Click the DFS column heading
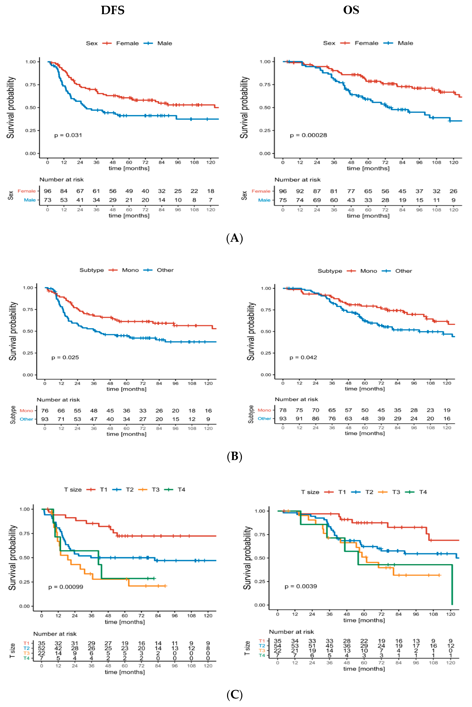point(113,10)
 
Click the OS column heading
point(351,10)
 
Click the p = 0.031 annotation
point(68,135)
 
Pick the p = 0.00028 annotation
point(308,135)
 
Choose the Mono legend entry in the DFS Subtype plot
point(130,270)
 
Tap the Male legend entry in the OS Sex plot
point(405,43)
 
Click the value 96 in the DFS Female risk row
point(48,191)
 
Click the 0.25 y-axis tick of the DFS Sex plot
point(30,130)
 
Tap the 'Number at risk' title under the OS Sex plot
point(297,180)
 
